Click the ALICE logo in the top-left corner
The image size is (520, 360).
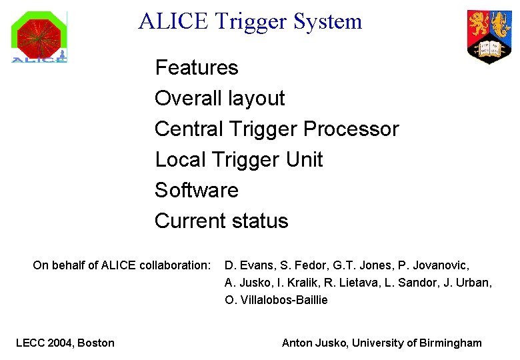(x=39, y=37)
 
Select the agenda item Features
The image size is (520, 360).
(x=196, y=67)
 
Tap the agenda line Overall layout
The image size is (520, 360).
(x=219, y=98)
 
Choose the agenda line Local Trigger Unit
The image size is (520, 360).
(x=238, y=159)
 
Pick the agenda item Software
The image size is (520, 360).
(x=196, y=190)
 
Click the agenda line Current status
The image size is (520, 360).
(x=221, y=221)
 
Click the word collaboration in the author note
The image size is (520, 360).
(x=175, y=265)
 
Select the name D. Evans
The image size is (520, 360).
(x=248, y=265)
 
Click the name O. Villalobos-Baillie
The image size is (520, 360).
(x=276, y=300)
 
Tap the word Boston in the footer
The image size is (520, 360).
(x=96, y=343)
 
